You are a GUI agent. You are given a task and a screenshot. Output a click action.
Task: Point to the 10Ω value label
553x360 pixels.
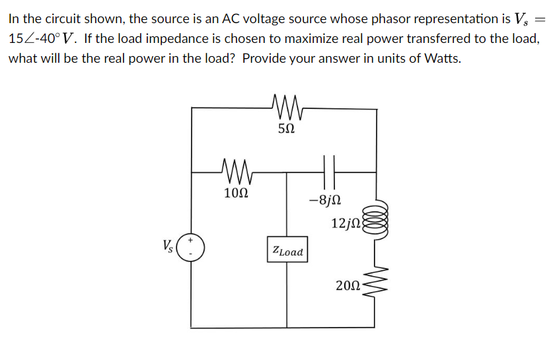237,194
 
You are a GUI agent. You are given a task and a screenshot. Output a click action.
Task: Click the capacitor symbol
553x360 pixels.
330,172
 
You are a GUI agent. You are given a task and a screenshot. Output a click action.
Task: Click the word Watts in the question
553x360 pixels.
441,58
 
